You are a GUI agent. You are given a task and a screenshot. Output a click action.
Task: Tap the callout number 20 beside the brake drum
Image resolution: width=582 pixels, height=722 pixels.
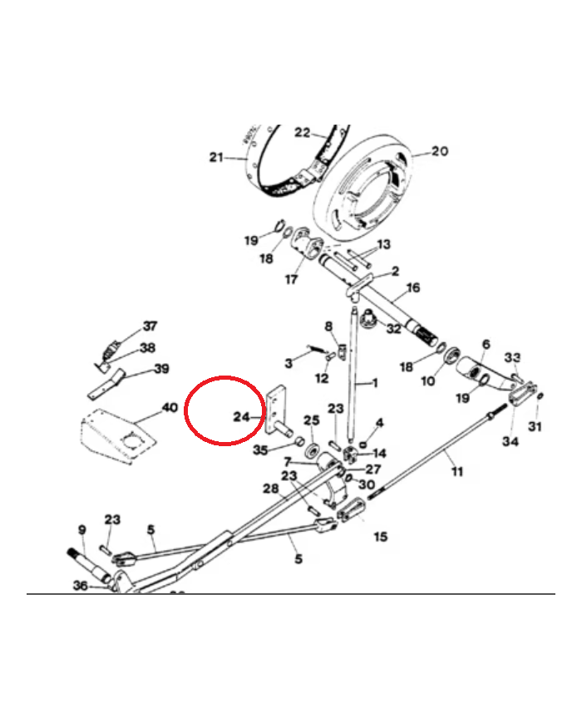pos(439,151)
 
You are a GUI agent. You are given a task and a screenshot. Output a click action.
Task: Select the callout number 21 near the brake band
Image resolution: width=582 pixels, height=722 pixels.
pos(217,157)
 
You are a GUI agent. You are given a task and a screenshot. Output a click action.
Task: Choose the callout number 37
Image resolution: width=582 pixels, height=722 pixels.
pos(150,326)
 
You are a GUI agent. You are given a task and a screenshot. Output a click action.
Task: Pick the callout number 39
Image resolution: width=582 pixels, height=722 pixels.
pos(160,368)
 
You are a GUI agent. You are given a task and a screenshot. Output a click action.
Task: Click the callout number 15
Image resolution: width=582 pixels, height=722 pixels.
pos(380,537)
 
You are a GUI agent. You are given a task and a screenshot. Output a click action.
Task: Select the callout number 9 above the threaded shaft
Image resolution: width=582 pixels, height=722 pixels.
pos(81,529)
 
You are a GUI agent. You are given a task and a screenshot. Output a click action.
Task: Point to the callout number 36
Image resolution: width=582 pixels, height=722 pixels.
pos(80,586)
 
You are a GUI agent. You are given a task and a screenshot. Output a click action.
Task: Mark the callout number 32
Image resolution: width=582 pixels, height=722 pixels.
pos(393,329)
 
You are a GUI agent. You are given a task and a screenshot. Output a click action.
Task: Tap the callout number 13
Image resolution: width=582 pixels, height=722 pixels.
pos(383,244)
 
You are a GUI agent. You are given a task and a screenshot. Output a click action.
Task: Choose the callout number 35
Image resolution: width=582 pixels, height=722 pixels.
pos(260,450)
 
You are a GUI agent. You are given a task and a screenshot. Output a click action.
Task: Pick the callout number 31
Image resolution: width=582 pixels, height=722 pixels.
pos(535,427)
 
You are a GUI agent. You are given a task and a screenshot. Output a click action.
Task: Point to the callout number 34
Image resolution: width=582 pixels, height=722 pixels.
pos(510,441)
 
